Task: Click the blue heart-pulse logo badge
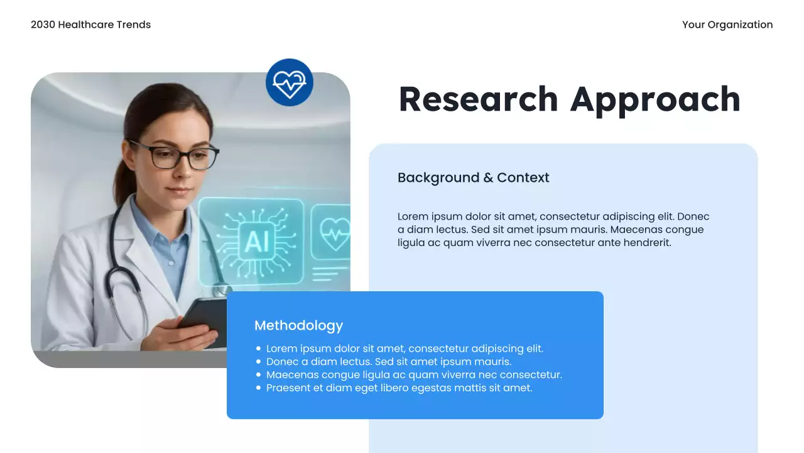click(289, 82)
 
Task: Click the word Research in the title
click(478, 99)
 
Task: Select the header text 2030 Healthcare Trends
click(90, 25)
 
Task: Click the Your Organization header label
click(727, 25)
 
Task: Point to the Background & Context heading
click(473, 177)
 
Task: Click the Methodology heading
click(298, 325)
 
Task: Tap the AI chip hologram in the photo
click(256, 241)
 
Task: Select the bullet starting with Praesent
click(399, 388)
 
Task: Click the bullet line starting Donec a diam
click(388, 362)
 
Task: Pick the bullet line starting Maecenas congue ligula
click(413, 375)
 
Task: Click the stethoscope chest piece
click(220, 291)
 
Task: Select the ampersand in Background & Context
click(488, 178)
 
